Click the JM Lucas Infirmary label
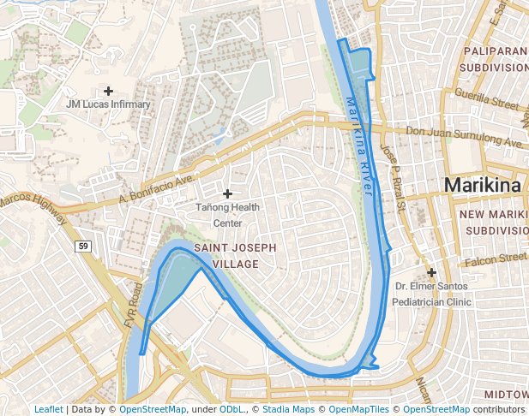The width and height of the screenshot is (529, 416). [x=108, y=104]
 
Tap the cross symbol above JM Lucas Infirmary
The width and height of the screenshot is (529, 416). [x=108, y=90]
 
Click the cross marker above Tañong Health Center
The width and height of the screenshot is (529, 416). [x=227, y=194]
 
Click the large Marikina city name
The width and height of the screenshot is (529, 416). [x=482, y=186]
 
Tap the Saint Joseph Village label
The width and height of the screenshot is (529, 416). [x=235, y=256]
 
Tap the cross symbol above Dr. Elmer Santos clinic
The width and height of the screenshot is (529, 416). [x=432, y=271]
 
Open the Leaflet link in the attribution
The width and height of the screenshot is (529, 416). [x=48, y=409]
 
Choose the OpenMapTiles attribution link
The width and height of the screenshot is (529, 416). [x=359, y=409]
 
